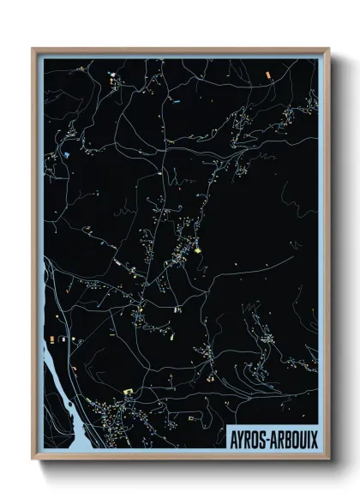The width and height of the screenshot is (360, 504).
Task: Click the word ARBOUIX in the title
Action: tap(295, 436)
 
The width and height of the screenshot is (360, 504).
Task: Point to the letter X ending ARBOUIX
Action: tap(314, 436)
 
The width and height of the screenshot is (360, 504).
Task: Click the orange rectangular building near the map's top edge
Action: tap(268, 76)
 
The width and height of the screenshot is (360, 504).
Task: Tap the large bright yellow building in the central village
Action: tap(197, 251)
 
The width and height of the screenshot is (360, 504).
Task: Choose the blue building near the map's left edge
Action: tap(64, 154)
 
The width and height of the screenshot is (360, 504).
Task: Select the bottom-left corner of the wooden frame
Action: tap(33, 460)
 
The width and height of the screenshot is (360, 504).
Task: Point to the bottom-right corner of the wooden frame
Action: tap(328, 460)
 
